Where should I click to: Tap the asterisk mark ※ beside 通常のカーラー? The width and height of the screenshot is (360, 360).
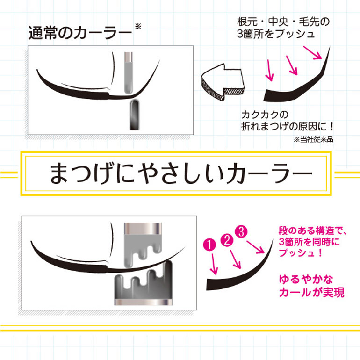pyautogui.click(x=137, y=27)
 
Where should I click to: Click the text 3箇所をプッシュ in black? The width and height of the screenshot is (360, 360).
pyautogui.click(x=276, y=34)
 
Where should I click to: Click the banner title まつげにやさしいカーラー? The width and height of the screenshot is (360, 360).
pyautogui.click(x=180, y=173)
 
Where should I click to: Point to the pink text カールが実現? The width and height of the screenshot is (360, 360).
pyautogui.click(x=311, y=293)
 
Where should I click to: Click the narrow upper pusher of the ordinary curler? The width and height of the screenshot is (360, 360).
pyautogui.click(x=129, y=72)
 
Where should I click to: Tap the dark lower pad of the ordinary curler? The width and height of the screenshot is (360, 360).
pyautogui.click(x=134, y=114)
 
